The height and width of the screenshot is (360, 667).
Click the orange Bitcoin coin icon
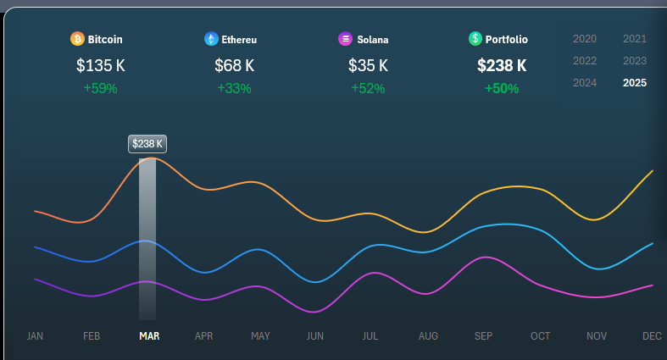pyautogui.click(x=77, y=39)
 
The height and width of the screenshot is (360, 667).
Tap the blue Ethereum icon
pyautogui.click(x=211, y=39)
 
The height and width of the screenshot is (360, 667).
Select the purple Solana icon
pyautogui.click(x=345, y=39)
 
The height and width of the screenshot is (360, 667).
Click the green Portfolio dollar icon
pyautogui.click(x=475, y=39)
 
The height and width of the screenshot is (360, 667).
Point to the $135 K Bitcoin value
pyautogui.click(x=100, y=65)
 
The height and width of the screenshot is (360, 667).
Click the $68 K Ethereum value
pyautogui.click(x=234, y=65)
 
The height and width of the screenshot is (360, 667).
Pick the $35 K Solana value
pyautogui.click(x=368, y=65)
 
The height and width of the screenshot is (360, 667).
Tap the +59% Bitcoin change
pyautogui.click(x=100, y=88)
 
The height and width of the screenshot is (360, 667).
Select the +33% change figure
pyautogui.click(x=234, y=88)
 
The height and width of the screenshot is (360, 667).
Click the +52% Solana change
pyautogui.click(x=368, y=88)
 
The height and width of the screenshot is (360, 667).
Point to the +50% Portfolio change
pyautogui.click(x=502, y=88)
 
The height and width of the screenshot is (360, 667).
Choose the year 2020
pyautogui.click(x=585, y=39)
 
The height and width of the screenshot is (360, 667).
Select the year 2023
pyautogui.click(x=635, y=61)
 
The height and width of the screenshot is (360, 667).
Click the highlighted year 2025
pyautogui.click(x=635, y=83)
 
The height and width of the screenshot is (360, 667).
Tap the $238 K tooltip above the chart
pyautogui.click(x=147, y=144)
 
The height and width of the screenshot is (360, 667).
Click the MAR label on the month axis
pyautogui.click(x=149, y=336)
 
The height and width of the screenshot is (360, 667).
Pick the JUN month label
pyautogui.click(x=315, y=336)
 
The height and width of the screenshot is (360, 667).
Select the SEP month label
pyautogui.click(x=483, y=336)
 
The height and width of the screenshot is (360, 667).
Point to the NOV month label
pyautogui.click(x=597, y=336)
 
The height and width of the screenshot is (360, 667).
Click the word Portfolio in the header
pyautogui.click(x=507, y=39)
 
